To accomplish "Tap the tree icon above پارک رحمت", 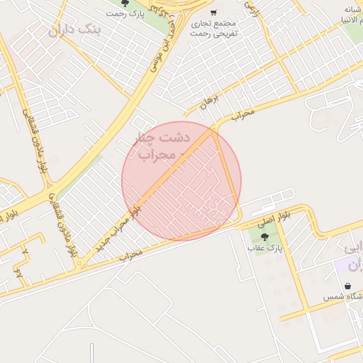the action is pos(125,4).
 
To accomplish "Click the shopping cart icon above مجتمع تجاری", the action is pos(213,12).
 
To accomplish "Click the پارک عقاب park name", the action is pos(265,249).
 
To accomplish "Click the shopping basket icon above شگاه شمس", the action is pos(347,286).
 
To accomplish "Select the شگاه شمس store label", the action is pos(343,296).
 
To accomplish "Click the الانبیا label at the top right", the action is pos(347,20).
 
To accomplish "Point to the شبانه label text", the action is pos(353,9).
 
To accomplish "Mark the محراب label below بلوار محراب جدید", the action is pos(132,253).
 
